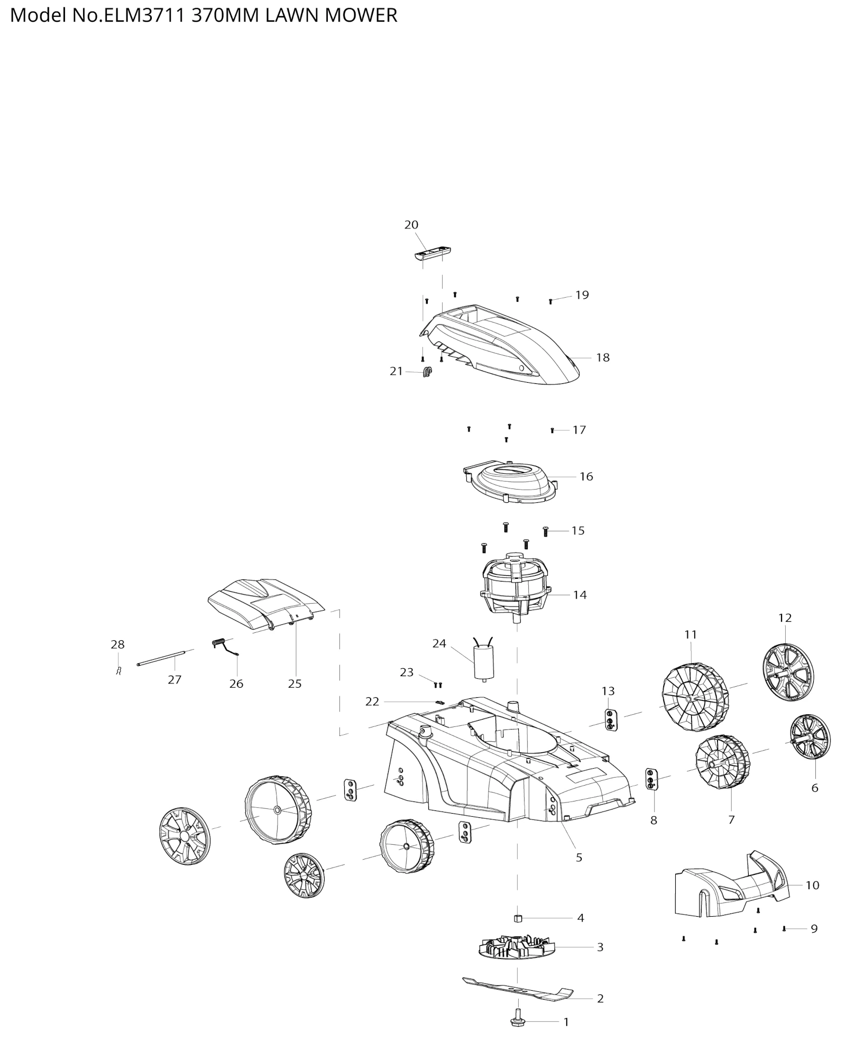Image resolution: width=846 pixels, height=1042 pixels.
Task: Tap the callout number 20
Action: pos(411,225)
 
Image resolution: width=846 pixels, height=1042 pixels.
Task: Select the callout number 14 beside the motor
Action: pos(580,595)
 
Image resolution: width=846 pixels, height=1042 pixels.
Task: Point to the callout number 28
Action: pos(117,644)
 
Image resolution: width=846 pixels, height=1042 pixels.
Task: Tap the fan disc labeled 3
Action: pos(518,947)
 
